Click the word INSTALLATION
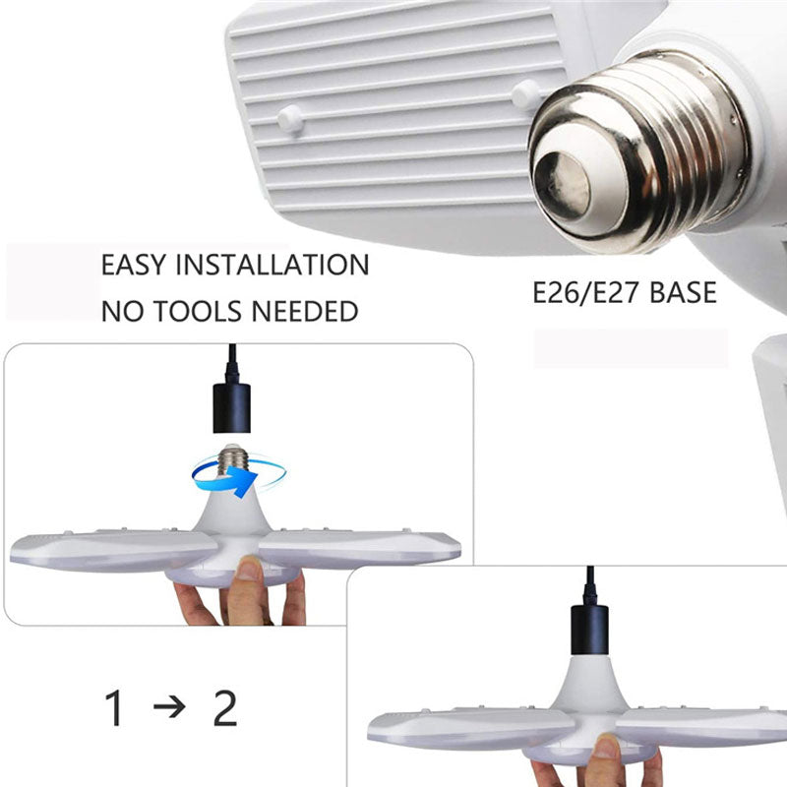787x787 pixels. point(276,265)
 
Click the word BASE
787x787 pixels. point(682,293)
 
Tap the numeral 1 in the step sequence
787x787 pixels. point(115,709)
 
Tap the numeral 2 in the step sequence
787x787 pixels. point(225,709)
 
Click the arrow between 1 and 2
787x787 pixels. point(169,708)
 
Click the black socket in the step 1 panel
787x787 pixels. point(232,405)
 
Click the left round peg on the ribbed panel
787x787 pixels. point(289,118)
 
